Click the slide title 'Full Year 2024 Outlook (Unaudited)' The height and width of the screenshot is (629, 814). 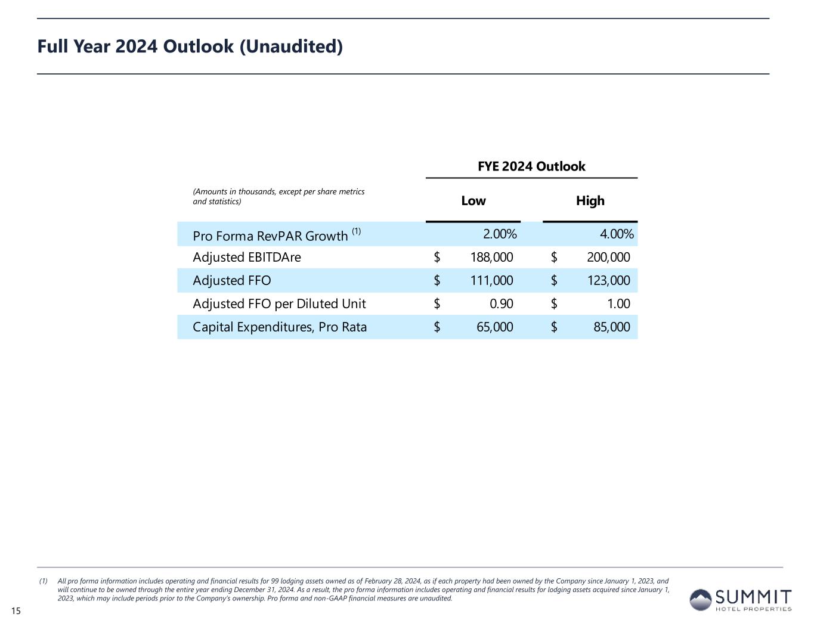click(190, 47)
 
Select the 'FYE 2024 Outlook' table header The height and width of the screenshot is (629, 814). click(531, 166)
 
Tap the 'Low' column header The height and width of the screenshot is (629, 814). click(473, 201)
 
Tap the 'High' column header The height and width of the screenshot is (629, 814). click(590, 201)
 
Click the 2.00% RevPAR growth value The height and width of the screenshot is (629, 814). click(499, 234)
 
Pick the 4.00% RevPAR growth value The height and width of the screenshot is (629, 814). click(616, 234)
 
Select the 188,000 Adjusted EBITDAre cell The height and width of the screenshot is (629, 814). click(488, 258)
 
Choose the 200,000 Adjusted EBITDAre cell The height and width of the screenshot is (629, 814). click(605, 258)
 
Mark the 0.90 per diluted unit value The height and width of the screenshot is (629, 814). click(501, 304)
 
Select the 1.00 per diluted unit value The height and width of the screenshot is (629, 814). click(618, 304)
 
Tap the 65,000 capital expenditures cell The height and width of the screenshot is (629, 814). click(492, 327)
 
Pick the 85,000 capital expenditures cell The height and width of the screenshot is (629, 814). click(609, 327)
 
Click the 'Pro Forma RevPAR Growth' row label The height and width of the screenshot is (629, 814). click(270, 236)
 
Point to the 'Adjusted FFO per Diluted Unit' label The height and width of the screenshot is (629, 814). click(279, 304)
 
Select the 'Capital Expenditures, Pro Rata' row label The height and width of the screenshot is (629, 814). click(280, 327)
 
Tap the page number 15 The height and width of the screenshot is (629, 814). click(16, 611)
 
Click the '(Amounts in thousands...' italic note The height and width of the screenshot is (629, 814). click(278, 197)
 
